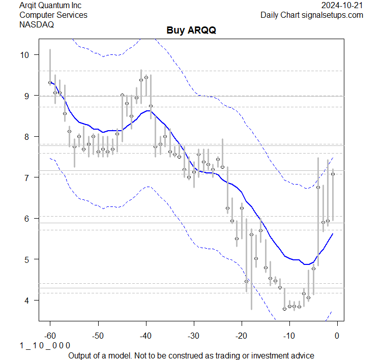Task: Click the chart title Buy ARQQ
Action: (191, 31)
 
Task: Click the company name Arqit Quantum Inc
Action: (50, 6)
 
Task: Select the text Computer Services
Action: (53, 15)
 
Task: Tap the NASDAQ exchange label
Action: (36, 24)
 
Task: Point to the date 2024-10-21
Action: (342, 6)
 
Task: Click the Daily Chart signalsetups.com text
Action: (312, 15)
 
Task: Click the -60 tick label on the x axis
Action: (50, 336)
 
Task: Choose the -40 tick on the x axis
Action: (145, 336)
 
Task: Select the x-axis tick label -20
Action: (241, 336)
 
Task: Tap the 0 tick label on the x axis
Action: (337, 336)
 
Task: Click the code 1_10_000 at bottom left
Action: (45, 345)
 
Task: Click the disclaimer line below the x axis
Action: (191, 355)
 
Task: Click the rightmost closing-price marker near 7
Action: (333, 174)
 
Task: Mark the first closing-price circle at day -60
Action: (50, 82)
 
